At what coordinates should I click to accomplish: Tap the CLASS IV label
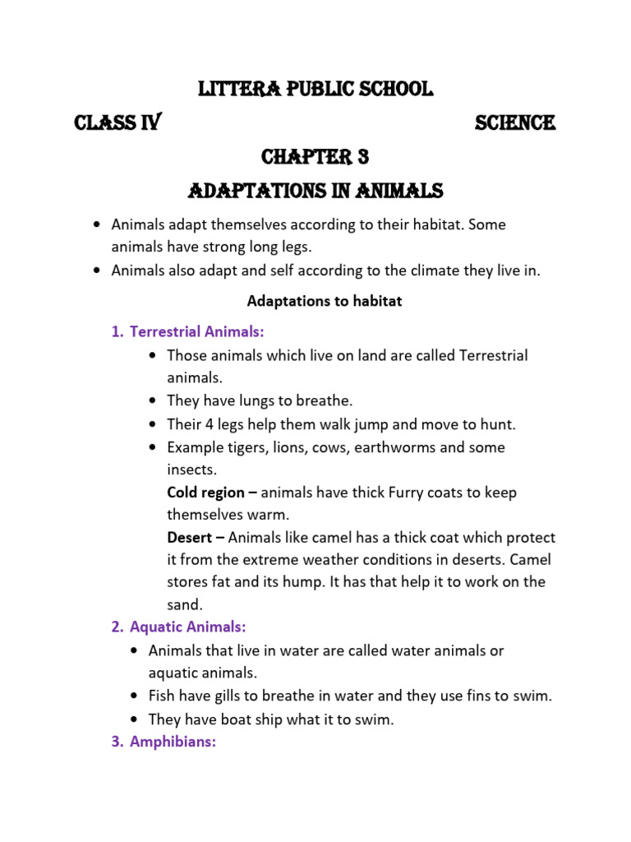117,123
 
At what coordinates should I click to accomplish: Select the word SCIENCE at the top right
515,123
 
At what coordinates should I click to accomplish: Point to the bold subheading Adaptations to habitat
325,301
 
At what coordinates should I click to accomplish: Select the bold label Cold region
205,493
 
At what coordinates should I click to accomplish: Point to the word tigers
247,447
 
